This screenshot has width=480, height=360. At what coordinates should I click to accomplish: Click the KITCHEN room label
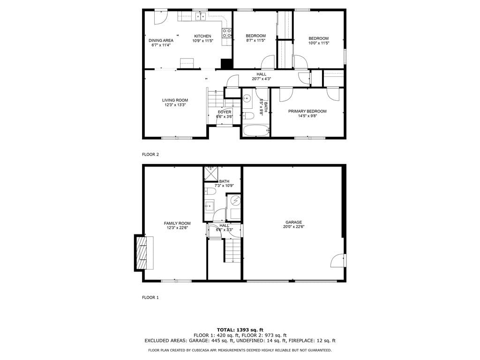click(x=202, y=36)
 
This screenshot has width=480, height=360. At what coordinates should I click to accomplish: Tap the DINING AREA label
click(x=161, y=40)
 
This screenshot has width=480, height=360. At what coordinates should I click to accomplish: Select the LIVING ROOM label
click(x=175, y=100)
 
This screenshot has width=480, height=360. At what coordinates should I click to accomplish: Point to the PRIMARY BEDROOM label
click(x=307, y=111)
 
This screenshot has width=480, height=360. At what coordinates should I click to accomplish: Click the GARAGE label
click(x=293, y=222)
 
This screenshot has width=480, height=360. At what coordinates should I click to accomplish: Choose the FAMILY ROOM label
click(x=177, y=224)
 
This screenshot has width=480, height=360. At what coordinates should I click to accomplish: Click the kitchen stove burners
click(x=227, y=33)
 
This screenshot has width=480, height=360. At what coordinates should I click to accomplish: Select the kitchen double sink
click(x=201, y=16)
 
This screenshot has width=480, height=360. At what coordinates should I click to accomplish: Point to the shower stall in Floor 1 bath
click(x=210, y=174)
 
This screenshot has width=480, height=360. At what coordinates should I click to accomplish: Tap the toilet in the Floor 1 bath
click(x=210, y=192)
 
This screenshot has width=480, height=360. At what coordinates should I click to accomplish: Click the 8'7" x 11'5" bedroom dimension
click(x=255, y=40)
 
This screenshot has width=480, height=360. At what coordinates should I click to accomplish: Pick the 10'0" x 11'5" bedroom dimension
click(x=319, y=43)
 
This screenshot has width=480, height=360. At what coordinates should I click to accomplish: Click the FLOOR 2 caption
click(x=150, y=155)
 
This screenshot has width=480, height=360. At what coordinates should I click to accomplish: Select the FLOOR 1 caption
click(x=150, y=298)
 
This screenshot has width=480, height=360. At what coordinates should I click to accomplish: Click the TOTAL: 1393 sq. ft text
click(x=240, y=330)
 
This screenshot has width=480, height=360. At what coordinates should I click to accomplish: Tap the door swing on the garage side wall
click(x=337, y=261)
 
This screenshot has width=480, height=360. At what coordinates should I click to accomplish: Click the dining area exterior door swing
click(x=161, y=17)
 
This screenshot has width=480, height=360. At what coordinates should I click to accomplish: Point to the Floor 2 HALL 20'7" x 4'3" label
click(x=262, y=76)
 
